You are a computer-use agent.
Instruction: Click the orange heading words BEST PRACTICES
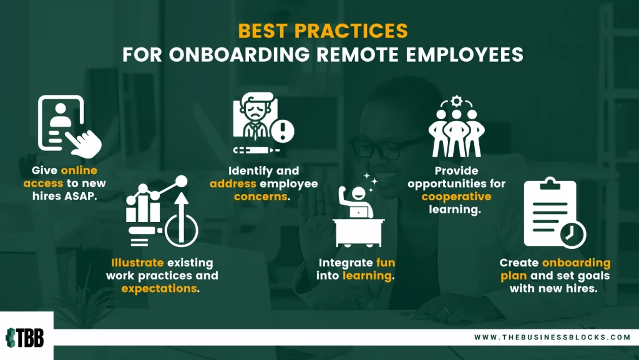tap(323, 31)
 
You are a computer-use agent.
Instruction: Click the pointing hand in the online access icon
tap(84, 144)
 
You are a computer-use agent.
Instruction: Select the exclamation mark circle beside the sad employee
tap(283, 131)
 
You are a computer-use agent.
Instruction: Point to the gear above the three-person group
tap(456, 100)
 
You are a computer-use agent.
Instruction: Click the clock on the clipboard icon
tap(573, 235)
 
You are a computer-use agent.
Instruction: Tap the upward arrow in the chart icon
tap(182, 216)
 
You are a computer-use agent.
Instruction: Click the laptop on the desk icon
tap(359, 212)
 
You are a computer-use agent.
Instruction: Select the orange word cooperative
tap(456, 197)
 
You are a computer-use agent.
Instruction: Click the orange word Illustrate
tap(137, 263)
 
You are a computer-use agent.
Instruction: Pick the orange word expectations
tap(159, 289)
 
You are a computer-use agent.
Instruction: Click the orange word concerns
tap(261, 197)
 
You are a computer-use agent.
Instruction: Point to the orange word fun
tap(386, 263)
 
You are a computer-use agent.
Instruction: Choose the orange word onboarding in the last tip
tap(576, 263)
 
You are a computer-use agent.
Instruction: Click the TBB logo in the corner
tap(25, 338)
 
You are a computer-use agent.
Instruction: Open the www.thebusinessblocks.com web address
tap(552, 337)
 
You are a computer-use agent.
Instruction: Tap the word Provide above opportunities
tap(456, 170)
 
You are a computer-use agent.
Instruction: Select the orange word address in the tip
tap(233, 183)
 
